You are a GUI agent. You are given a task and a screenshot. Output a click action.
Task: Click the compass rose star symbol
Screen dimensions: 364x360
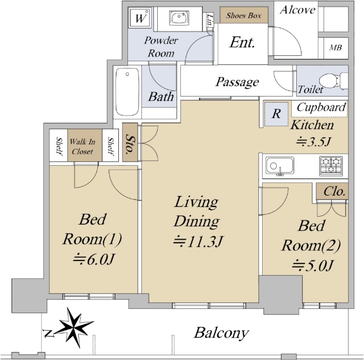point(74,327)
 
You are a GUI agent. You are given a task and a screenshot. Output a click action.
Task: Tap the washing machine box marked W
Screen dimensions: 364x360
point(140,18)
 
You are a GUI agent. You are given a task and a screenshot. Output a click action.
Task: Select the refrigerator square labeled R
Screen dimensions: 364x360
point(277,114)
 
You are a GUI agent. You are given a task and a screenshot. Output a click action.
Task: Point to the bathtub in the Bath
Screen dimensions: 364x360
point(127,92)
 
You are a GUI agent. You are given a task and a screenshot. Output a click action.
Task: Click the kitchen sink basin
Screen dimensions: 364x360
point(280,166)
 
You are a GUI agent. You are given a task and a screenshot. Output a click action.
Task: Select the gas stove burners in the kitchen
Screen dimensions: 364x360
point(331,166)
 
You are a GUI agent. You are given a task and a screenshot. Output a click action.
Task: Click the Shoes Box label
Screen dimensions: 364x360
point(244,15)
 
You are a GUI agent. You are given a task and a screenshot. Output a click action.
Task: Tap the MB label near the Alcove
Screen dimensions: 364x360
point(335,47)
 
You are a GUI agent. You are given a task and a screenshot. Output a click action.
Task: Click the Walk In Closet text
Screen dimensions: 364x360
point(83,146)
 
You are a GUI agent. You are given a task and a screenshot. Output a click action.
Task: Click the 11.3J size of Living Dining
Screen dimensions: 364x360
point(198,242)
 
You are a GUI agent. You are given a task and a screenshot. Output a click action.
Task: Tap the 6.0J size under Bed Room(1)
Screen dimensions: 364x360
point(93,259)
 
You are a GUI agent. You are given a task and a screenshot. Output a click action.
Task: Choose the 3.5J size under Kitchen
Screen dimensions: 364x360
point(313,141)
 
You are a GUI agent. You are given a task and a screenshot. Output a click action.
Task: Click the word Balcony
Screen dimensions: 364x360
point(221,333)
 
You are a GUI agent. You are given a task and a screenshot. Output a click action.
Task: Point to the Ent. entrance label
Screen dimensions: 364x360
point(242,42)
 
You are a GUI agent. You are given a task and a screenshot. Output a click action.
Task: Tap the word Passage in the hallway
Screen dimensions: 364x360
point(237,82)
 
